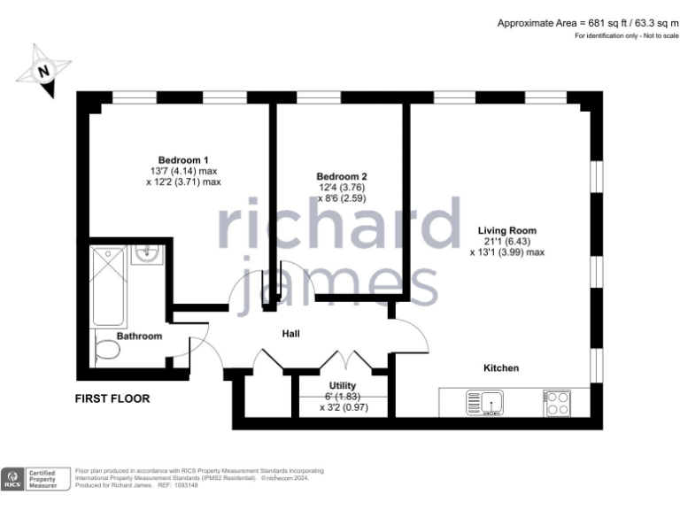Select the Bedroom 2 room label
pyautogui.click(x=342, y=176)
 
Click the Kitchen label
pyautogui.click(x=501, y=367)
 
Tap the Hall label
pyautogui.click(x=290, y=334)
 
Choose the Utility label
pyautogui.click(x=343, y=385)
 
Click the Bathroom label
pyautogui.click(x=140, y=336)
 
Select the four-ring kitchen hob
pyautogui.click(x=556, y=404)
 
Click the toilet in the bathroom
pyautogui.click(x=106, y=351)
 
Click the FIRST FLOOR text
pyautogui.click(x=112, y=398)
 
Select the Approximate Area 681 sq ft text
pyautogui.click(x=586, y=22)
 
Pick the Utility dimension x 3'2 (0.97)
pyautogui.click(x=343, y=408)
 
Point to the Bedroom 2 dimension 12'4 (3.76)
pyautogui.click(x=342, y=188)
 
